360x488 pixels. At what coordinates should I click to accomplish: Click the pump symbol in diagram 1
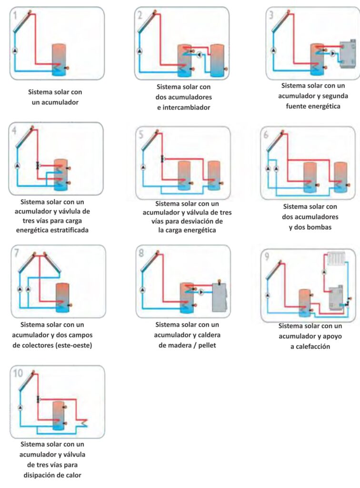[15, 51]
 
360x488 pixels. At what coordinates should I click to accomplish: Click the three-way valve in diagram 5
[162, 158]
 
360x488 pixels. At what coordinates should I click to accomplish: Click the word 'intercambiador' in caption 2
[183, 108]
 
